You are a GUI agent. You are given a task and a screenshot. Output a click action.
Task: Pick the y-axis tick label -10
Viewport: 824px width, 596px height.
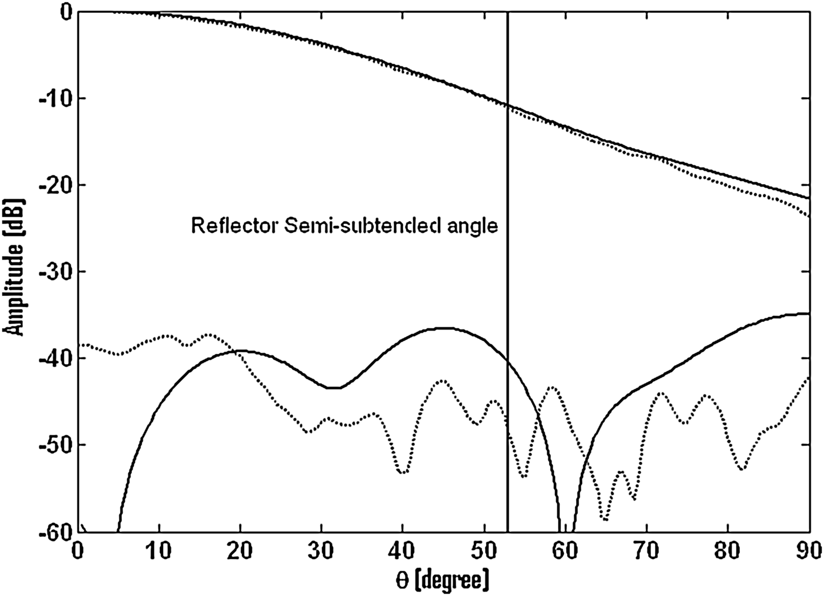54,98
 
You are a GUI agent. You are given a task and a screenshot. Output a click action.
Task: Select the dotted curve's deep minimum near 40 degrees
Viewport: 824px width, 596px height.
403,472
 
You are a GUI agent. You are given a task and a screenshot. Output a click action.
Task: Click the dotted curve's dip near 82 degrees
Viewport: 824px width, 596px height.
743,469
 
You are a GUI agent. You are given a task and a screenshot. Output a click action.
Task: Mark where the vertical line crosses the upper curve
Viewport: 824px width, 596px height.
507,105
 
